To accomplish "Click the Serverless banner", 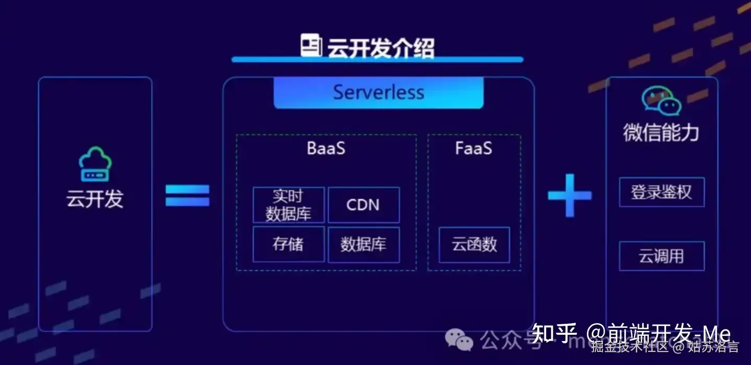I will click(x=379, y=92).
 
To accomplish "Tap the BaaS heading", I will click(x=326, y=148).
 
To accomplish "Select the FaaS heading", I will click(x=474, y=148).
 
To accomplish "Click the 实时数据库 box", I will click(x=288, y=205).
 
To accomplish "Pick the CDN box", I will click(x=363, y=205).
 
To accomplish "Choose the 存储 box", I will click(x=288, y=244).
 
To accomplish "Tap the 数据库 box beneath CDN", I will click(x=363, y=244).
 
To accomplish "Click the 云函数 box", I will click(x=474, y=244).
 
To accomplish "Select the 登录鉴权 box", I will click(x=661, y=192).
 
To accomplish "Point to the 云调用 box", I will click(x=661, y=256).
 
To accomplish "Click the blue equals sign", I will click(x=187, y=195).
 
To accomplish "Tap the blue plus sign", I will click(x=570, y=195).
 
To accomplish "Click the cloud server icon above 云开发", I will click(x=95, y=164).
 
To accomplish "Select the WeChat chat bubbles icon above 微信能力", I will click(x=661, y=100).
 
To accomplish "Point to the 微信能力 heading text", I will click(x=661, y=133).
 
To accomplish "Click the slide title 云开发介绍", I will click(x=380, y=48).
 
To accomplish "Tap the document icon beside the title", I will click(x=311, y=45).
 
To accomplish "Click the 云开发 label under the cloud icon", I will click(x=95, y=199).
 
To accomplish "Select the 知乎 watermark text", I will click(x=554, y=333).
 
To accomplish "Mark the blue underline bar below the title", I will click(x=377, y=60).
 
